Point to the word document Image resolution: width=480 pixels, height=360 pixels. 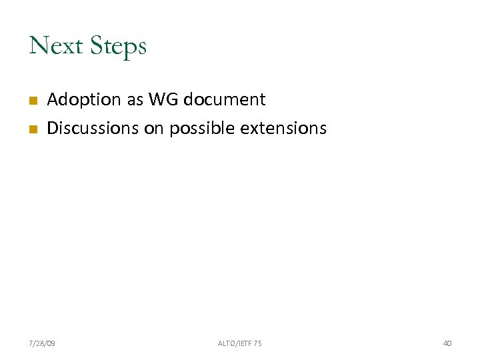[x=225, y=100]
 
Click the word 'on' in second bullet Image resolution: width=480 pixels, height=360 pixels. [x=153, y=128]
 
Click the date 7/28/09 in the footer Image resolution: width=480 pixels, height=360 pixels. [x=43, y=343]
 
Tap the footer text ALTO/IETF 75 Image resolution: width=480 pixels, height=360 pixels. [x=240, y=343]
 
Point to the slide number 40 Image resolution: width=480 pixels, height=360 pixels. [x=447, y=343]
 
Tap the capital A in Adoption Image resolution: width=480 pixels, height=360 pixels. [x=53, y=100]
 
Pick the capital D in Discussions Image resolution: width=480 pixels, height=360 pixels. [x=53, y=128]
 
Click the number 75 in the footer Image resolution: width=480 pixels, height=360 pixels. [x=257, y=343]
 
